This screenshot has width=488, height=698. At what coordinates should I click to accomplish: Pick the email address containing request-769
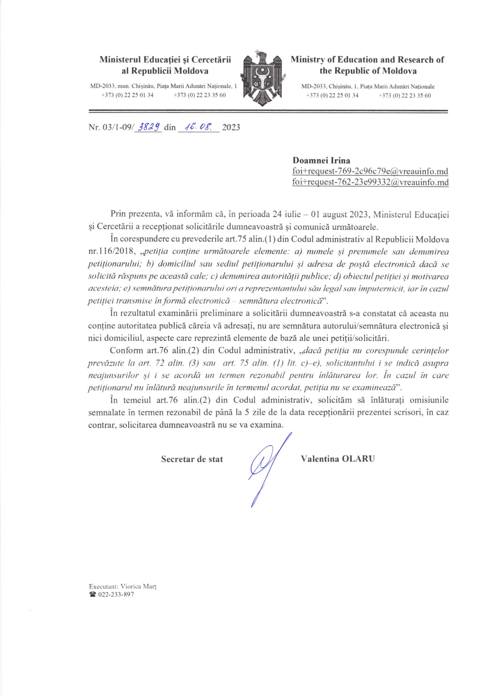coord(370,171)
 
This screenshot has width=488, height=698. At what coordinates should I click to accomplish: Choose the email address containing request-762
coord(370,182)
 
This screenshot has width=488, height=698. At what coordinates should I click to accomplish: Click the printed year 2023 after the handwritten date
coord(231,127)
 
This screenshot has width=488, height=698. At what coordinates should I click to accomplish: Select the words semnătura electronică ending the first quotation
coord(281,301)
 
